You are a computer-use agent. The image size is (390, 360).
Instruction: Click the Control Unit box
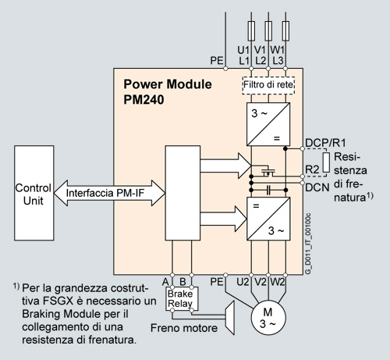point(34,193)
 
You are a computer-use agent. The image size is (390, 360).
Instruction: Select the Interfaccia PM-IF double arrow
point(109,193)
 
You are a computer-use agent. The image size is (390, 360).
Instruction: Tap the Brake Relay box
point(182,298)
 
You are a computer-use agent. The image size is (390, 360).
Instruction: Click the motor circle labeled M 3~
point(268,318)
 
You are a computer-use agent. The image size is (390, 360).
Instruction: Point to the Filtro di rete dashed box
point(268,85)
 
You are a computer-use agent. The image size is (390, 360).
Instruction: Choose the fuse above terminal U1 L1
point(251,30)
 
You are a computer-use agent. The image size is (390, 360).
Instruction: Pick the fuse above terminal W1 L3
point(285,30)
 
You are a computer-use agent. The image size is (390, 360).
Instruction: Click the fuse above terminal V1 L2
point(268,30)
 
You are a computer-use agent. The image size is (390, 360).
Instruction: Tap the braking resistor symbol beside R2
point(326,162)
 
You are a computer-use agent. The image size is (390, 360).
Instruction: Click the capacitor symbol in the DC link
point(268,191)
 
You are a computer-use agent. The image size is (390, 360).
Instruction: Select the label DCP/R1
point(325,143)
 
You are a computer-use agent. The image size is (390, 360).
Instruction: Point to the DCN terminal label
point(317,187)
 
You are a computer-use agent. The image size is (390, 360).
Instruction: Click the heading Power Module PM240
point(168,91)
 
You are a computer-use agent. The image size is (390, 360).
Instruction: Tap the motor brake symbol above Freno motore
point(230,318)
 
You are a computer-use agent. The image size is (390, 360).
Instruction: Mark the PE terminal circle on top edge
point(225,69)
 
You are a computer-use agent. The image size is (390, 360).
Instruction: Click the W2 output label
point(278,282)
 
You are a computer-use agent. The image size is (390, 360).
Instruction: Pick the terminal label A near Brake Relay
point(165,282)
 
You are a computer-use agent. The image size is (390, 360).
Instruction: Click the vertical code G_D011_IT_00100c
point(308,244)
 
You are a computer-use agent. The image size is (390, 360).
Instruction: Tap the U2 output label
point(243,282)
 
